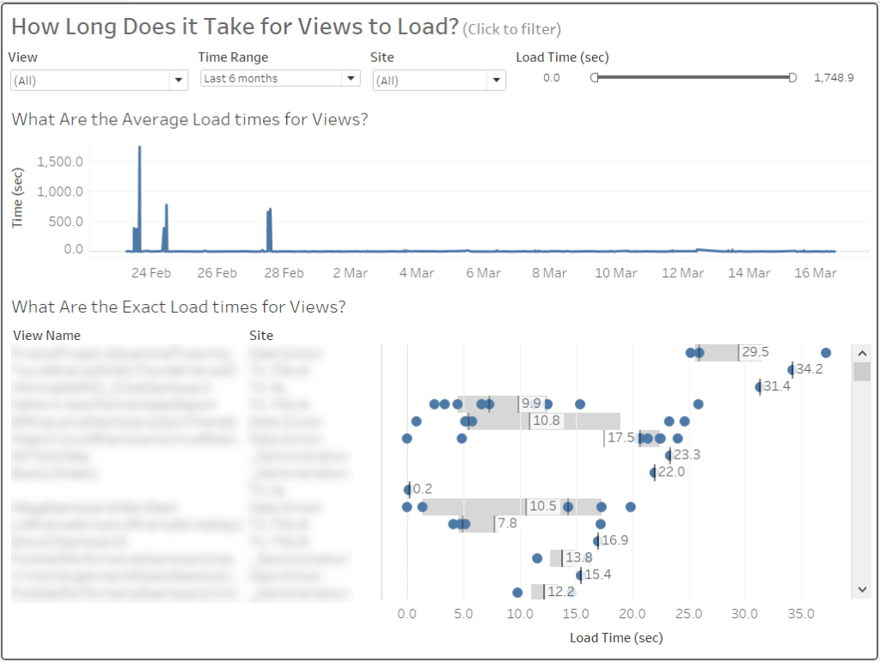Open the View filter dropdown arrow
tap(179, 81)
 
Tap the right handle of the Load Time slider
tap(792, 77)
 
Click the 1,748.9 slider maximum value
tap(833, 78)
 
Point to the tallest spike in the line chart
tap(139, 149)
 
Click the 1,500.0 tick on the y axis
tap(60, 161)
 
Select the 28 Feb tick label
tap(284, 273)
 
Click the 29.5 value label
tap(755, 352)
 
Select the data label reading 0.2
tap(422, 489)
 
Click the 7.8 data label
tap(507, 524)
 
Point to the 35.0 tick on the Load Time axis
tap(800, 615)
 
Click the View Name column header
tap(47, 335)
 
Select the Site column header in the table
tap(261, 335)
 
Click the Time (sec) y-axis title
tap(17, 198)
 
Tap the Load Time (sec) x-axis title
tap(616, 638)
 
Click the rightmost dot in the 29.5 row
tap(826, 352)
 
